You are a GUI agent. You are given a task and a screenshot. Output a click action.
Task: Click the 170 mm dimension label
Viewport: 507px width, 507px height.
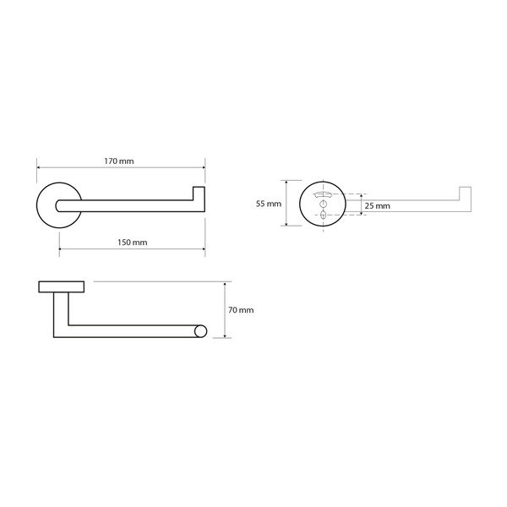[x=118, y=161]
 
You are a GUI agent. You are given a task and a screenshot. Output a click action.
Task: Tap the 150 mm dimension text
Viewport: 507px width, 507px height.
[x=133, y=243]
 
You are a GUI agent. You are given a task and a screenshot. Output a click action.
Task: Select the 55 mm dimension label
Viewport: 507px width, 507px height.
[x=269, y=204]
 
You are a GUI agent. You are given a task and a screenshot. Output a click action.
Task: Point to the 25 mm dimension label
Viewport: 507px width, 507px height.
[x=378, y=205]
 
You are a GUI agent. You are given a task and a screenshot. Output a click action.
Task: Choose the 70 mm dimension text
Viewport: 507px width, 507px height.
[x=241, y=310]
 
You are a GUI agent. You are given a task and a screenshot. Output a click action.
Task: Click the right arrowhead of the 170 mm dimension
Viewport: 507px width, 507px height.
[x=204, y=167]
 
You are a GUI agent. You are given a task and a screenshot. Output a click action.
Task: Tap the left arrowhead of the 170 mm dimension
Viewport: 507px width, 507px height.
[x=39, y=167]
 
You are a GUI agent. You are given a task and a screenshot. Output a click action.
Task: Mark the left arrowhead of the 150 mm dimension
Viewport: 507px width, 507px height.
[x=61, y=249]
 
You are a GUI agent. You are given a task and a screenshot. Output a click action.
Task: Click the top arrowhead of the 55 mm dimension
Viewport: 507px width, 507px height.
[x=286, y=183]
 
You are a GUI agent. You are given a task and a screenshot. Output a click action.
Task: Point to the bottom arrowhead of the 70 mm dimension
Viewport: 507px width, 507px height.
[x=225, y=335]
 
